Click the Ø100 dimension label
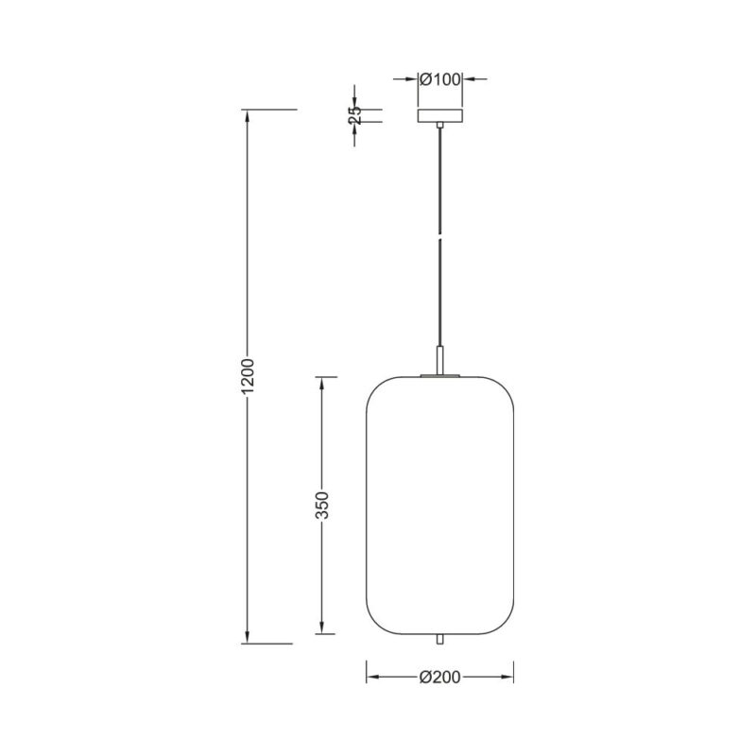440,79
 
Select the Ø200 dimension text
439,678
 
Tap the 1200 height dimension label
248,375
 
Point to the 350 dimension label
321,505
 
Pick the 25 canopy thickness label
355,115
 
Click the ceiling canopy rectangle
440,115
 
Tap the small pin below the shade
439,640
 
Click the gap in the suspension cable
439,237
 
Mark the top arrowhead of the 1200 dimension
248,115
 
